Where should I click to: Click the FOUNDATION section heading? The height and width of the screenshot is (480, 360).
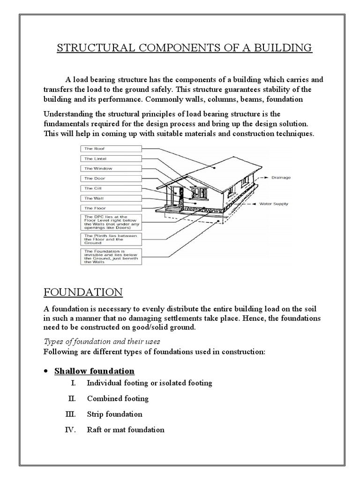(x=83, y=292)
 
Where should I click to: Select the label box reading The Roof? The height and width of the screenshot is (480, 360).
(x=111, y=149)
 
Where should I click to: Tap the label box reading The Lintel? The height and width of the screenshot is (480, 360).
(x=111, y=158)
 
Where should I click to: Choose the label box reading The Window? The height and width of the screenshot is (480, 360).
(x=111, y=168)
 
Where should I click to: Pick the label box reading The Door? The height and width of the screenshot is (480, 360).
(x=111, y=178)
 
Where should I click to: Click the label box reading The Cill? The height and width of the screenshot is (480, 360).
(x=111, y=188)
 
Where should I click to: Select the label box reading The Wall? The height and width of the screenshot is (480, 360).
(x=111, y=198)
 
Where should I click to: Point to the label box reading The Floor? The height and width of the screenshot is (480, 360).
(x=111, y=208)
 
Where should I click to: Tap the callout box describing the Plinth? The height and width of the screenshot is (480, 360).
(x=111, y=239)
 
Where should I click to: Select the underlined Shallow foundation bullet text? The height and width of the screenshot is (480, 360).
(x=94, y=371)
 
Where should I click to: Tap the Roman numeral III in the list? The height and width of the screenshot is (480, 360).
(x=70, y=414)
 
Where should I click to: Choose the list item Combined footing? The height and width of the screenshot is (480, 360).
(x=118, y=399)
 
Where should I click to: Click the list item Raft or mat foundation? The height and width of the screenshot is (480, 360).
(x=126, y=430)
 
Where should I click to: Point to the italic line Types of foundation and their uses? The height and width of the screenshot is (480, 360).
(x=102, y=341)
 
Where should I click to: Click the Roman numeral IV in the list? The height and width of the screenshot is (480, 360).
(x=70, y=430)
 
